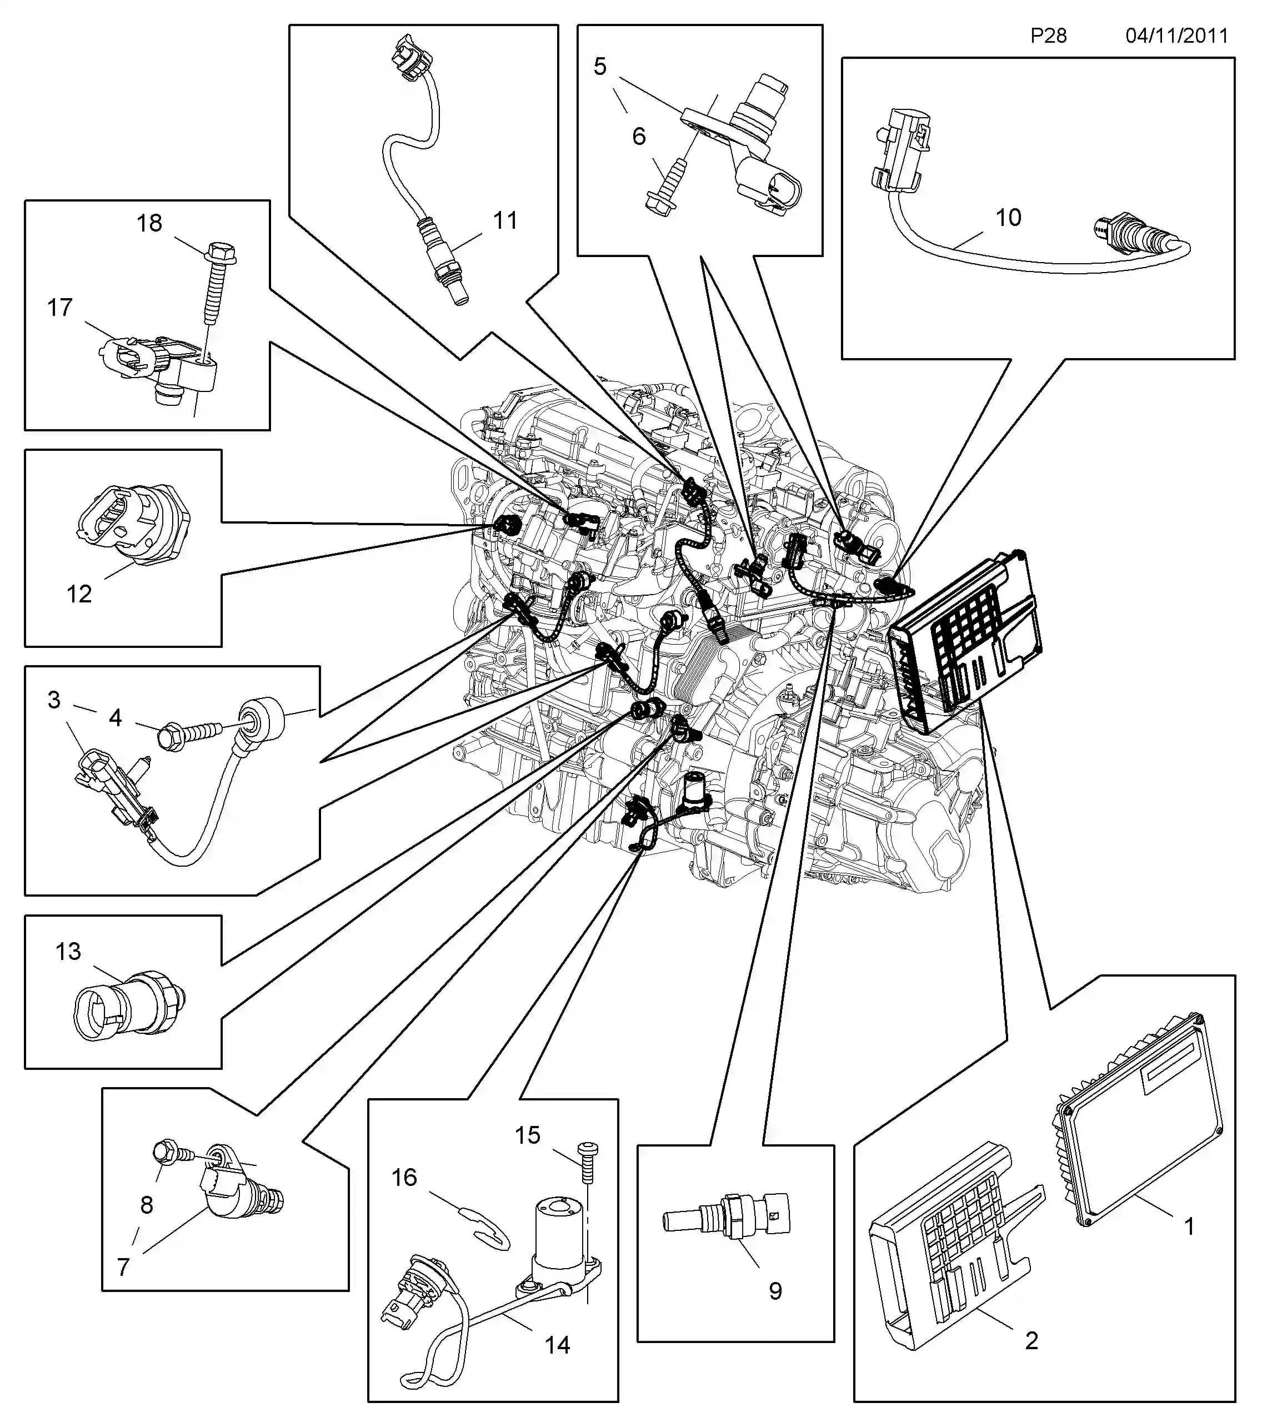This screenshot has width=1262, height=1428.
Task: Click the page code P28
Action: click(1048, 36)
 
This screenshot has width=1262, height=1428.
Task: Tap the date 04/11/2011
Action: click(1177, 36)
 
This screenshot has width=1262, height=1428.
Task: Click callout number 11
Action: click(505, 221)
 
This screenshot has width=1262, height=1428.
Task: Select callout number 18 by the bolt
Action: click(149, 224)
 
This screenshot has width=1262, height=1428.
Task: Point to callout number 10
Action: click(1008, 218)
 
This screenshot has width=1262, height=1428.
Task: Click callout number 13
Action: click(68, 952)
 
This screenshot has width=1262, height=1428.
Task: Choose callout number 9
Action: click(775, 1291)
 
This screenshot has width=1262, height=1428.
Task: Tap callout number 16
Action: click(404, 1177)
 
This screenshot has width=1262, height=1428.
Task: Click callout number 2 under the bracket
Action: click(1031, 1340)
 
